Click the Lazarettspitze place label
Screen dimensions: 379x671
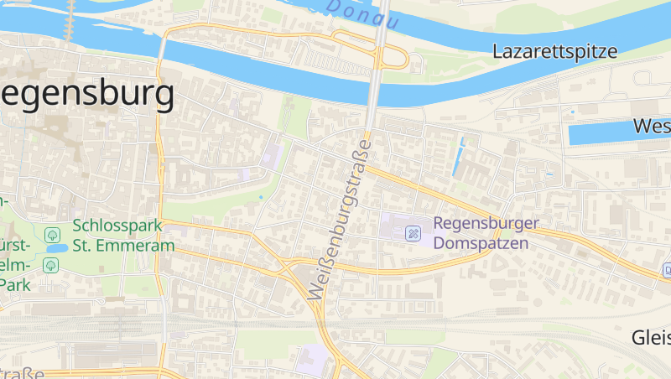click(555, 51)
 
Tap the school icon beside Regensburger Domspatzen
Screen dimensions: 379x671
click(413, 233)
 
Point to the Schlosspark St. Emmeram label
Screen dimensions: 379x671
click(123, 236)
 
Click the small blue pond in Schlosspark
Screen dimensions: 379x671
click(56, 249)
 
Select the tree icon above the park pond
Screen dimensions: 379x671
click(52, 234)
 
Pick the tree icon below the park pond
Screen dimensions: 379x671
click(50, 265)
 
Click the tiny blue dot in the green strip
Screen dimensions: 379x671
click(261, 198)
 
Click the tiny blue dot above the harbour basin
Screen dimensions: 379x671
click(573, 112)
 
